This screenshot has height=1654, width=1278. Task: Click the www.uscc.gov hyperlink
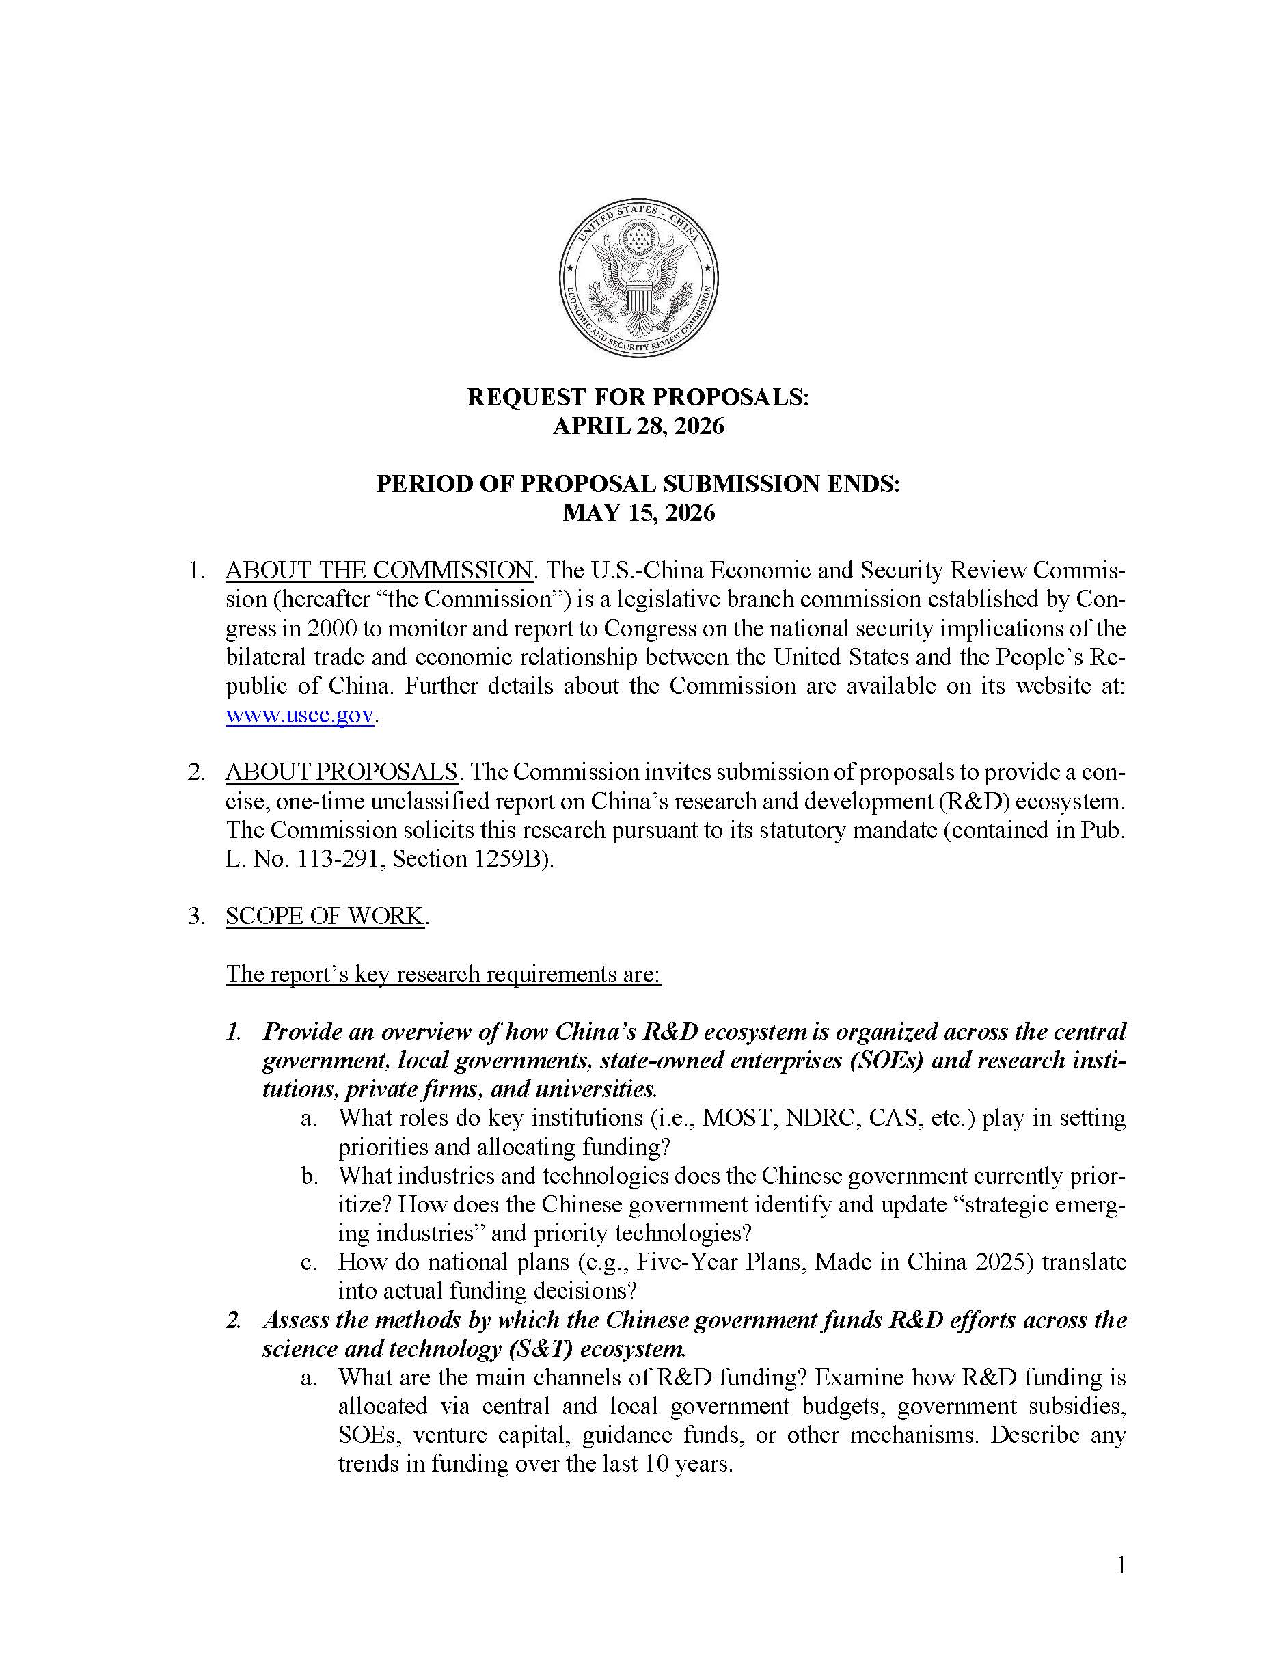point(300,715)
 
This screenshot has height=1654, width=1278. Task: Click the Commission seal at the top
point(638,280)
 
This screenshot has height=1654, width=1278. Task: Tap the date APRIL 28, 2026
point(638,426)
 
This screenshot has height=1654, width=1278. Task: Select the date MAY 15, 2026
point(638,513)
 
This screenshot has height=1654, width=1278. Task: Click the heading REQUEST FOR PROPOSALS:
point(638,397)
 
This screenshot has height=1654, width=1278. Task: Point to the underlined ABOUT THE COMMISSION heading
point(379,569)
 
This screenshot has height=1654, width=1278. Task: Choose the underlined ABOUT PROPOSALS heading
point(342,772)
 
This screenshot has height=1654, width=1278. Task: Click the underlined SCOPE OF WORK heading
point(324,917)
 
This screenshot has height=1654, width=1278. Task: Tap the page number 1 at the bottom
point(1121,1565)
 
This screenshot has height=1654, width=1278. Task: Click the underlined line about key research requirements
point(444,974)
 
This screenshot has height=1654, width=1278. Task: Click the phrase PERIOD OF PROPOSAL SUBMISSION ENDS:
point(638,484)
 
